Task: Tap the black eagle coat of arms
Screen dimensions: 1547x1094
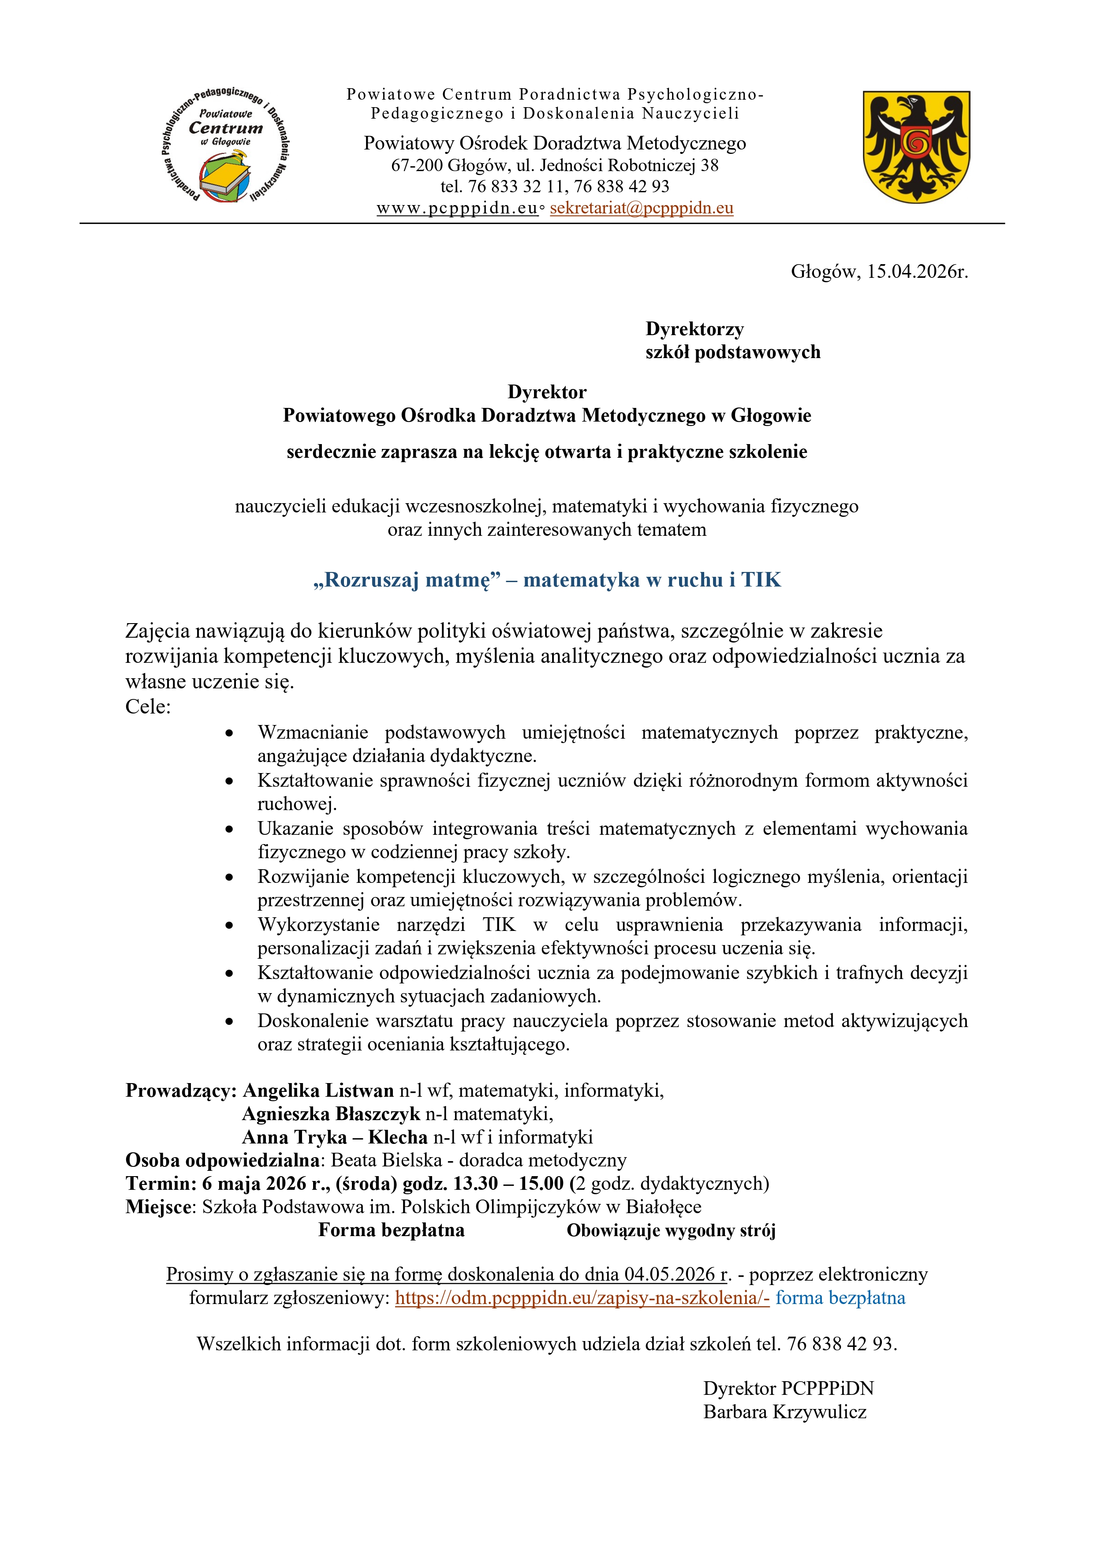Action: point(916,146)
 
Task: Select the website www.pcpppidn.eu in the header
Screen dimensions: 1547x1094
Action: point(457,208)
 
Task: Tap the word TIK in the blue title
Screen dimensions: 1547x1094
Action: point(761,580)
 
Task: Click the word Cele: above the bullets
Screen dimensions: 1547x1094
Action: point(148,707)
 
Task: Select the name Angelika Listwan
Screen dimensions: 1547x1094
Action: point(318,1090)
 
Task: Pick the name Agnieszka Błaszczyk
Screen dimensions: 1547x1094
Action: point(331,1114)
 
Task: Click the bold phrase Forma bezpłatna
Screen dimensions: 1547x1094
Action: point(392,1230)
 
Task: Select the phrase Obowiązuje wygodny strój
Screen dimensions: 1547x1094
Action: point(671,1231)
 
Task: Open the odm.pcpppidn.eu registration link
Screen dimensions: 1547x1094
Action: point(582,1298)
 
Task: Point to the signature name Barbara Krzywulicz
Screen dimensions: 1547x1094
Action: point(785,1412)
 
